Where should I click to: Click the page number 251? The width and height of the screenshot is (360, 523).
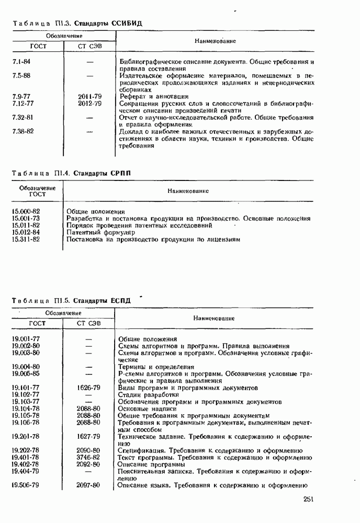click(308, 499)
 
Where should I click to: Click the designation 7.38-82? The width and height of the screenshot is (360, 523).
click(22, 131)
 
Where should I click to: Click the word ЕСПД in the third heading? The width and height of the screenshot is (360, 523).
click(120, 301)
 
